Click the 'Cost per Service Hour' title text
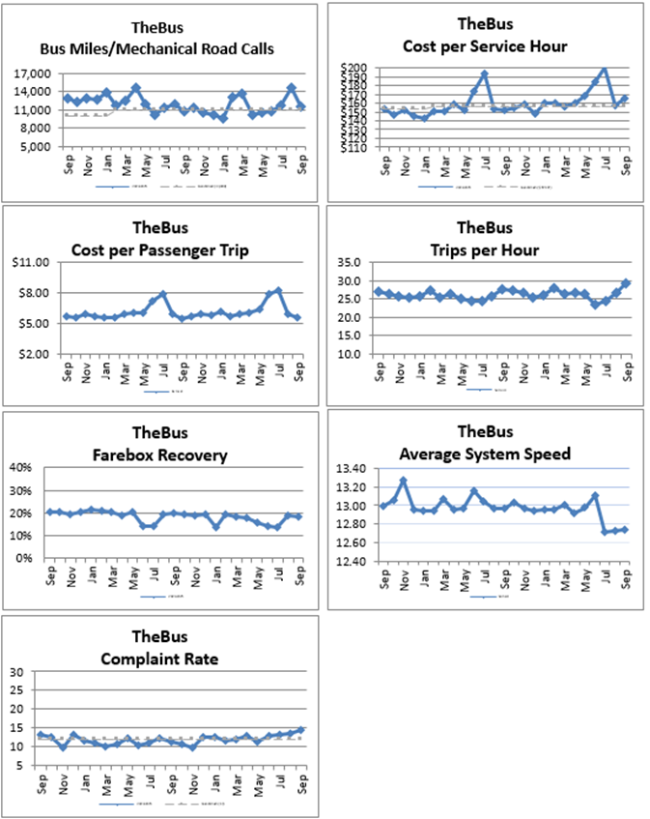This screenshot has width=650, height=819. coord(484,45)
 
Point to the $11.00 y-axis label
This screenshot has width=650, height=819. coord(42,262)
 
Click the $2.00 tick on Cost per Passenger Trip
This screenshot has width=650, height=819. coord(43,353)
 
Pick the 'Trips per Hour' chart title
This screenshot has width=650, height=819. coord(484,250)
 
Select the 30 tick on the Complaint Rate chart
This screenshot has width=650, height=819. coord(17,672)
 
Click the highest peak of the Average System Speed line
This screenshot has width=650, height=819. coord(403,481)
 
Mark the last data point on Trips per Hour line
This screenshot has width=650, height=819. coord(626,283)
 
